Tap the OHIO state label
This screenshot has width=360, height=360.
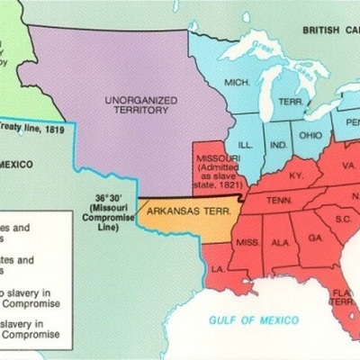[310, 136]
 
